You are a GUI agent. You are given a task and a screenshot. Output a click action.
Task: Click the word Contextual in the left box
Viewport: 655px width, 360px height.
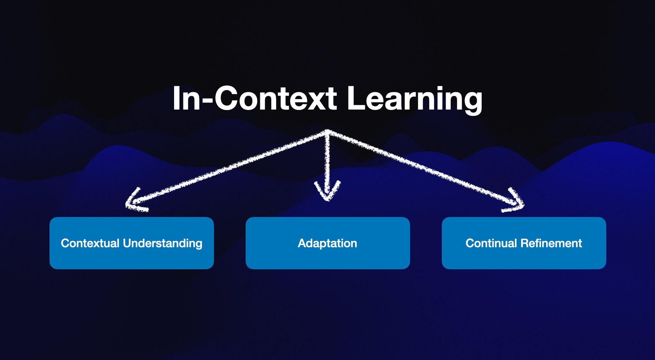pyautogui.click(x=90, y=243)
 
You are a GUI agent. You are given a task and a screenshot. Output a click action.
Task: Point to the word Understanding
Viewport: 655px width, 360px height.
pyautogui.click(x=162, y=244)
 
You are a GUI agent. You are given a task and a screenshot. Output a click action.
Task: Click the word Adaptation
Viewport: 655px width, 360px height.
pyautogui.click(x=327, y=244)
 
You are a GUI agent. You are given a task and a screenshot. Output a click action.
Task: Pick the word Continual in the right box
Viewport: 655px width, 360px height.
pyautogui.click(x=491, y=243)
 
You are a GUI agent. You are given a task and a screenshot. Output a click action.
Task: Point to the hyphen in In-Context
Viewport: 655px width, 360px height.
pyautogui.click(x=208, y=101)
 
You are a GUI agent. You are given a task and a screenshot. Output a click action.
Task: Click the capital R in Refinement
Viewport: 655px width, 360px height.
pyautogui.click(x=524, y=243)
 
